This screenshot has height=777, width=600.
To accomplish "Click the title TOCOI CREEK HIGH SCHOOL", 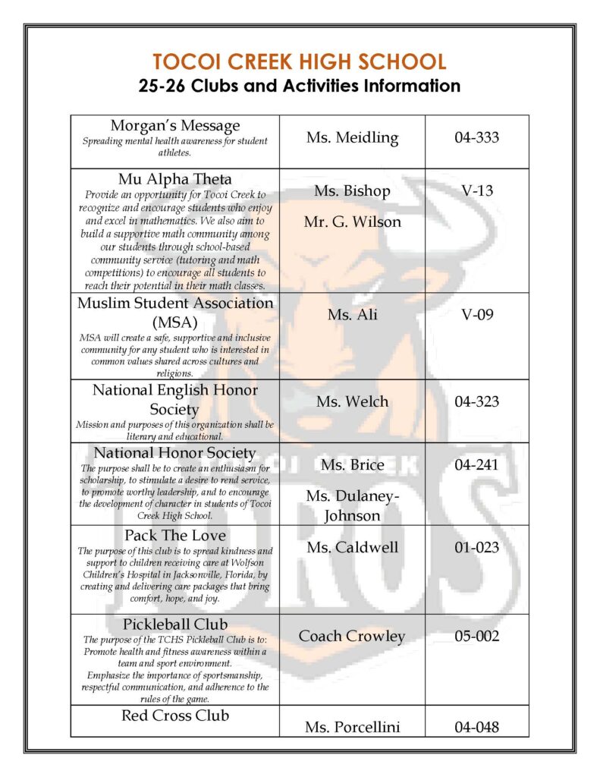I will (300, 62).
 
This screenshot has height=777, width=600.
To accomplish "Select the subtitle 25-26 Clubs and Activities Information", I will (300, 85).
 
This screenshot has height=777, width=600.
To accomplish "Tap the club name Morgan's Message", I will (175, 125).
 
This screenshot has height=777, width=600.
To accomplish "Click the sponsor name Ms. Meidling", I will (352, 137).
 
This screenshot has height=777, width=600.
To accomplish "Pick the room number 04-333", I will (477, 137).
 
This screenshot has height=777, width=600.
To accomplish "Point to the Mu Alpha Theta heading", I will (175, 179).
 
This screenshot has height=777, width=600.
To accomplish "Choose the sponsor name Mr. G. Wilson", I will (352, 222).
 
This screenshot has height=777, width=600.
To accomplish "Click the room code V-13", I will (477, 190).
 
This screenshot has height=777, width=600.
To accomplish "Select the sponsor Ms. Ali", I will (352, 314).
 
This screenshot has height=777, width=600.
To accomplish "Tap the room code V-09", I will (477, 313).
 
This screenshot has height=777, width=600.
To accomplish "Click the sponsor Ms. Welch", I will (352, 401).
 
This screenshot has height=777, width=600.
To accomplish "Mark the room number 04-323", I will (477, 401).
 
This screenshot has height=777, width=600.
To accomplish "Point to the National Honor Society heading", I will (175, 453).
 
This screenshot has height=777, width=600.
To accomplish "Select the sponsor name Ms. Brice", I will (352, 464).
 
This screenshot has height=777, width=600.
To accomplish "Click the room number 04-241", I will (477, 464).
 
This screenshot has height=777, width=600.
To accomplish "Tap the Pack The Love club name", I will (175, 535).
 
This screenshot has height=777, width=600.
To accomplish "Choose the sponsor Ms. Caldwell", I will (352, 547).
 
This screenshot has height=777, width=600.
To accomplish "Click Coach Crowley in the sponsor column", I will (352, 636).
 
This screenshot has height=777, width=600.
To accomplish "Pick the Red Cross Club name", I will (175, 716).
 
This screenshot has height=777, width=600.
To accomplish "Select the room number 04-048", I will (477, 727).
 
